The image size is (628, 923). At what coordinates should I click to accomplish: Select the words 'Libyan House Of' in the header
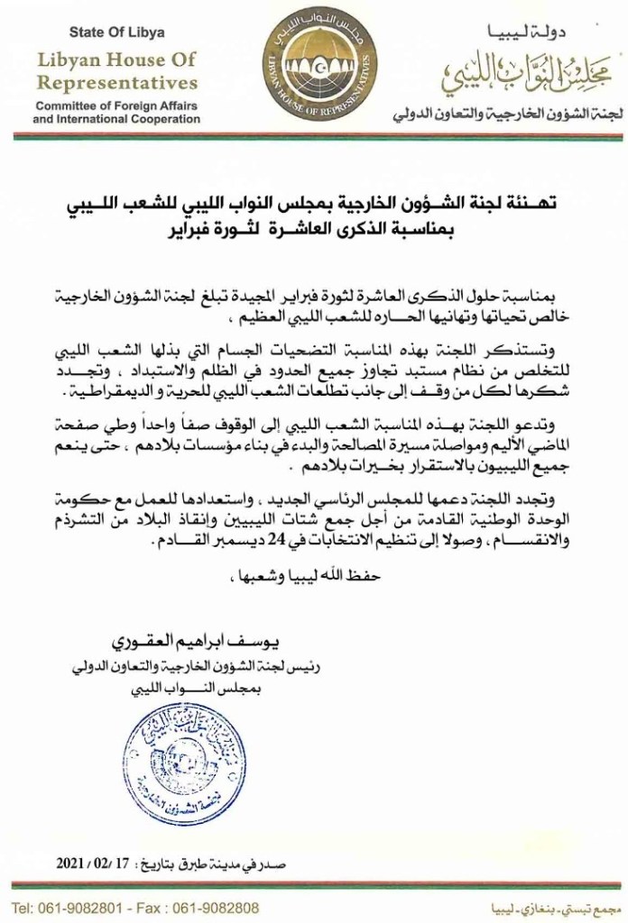[x=117, y=60]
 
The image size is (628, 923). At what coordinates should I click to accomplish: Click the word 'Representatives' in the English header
[x=117, y=83]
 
